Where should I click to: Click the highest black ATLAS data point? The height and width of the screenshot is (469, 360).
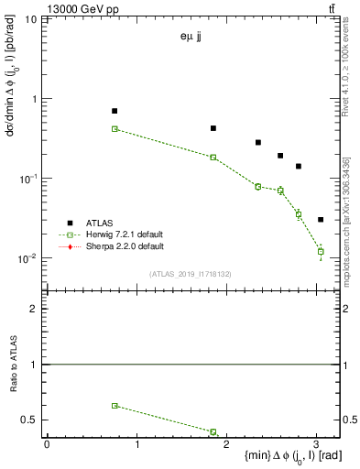tap(115, 111)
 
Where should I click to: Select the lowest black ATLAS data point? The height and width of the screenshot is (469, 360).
tap(321, 220)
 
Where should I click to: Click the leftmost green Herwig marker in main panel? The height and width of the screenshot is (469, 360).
tap(115, 129)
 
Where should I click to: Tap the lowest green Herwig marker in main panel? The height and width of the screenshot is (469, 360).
tap(321, 251)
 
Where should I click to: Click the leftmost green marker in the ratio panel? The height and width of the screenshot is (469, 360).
tap(115, 405)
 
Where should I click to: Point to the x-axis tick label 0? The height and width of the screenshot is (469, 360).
tap(47, 443)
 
